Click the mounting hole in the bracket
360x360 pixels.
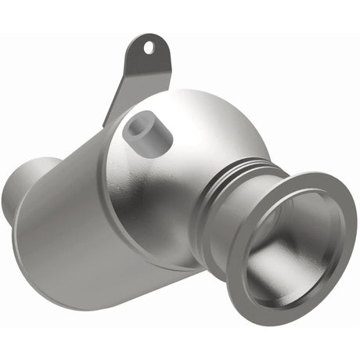click(147, 48)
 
